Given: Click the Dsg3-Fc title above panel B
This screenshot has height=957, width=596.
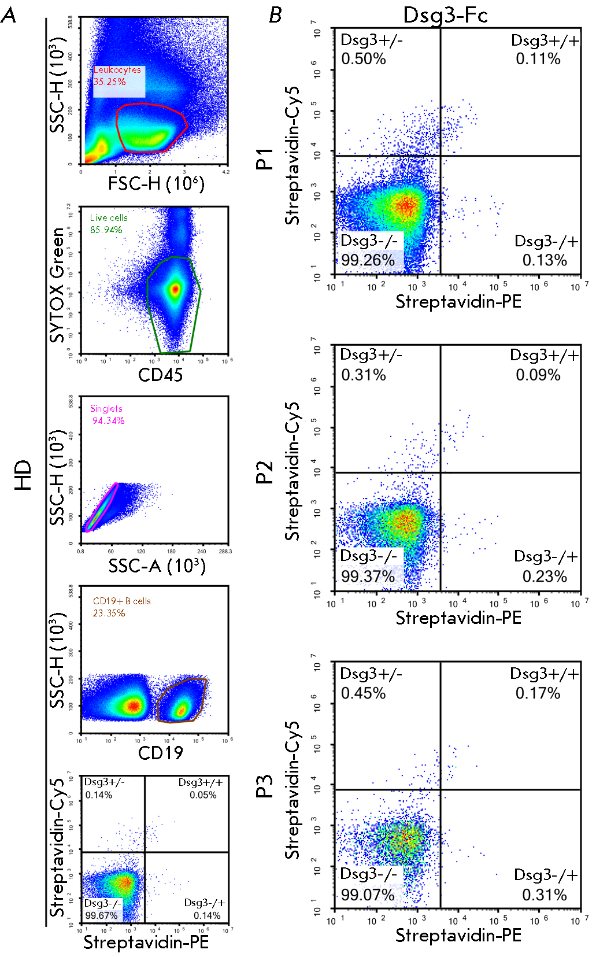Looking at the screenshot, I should [x=445, y=15].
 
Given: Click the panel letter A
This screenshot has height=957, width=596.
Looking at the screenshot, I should [x=9, y=16].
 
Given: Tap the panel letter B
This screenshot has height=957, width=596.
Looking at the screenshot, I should [x=276, y=16].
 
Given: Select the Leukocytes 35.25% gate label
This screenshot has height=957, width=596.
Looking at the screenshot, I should [x=118, y=76].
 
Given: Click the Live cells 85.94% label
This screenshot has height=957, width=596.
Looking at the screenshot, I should [x=109, y=224].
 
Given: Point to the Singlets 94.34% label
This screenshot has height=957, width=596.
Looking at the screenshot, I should [x=108, y=415].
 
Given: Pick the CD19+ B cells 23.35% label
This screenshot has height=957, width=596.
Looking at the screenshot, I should [x=121, y=607].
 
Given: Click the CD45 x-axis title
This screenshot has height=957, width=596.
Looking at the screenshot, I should [x=160, y=375].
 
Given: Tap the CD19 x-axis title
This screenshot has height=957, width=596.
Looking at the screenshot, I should [x=160, y=753].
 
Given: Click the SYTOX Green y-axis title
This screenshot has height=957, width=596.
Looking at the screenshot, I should [x=57, y=284].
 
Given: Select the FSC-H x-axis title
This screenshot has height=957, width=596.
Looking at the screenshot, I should [x=156, y=184].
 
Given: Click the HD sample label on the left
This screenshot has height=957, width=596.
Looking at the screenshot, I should [x=23, y=475].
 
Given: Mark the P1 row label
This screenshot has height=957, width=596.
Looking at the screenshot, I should [x=264, y=158].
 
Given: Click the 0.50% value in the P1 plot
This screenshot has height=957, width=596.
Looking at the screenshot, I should [x=363, y=59].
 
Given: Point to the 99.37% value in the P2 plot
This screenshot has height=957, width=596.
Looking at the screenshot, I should [x=368, y=576].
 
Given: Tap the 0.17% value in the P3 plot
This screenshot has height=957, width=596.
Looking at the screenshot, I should [x=538, y=693].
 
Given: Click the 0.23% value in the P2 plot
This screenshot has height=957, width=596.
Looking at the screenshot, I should [x=544, y=577].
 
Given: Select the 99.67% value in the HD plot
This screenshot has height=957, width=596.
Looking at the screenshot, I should [x=101, y=915].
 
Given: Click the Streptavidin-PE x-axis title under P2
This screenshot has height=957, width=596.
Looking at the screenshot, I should [x=458, y=618].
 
